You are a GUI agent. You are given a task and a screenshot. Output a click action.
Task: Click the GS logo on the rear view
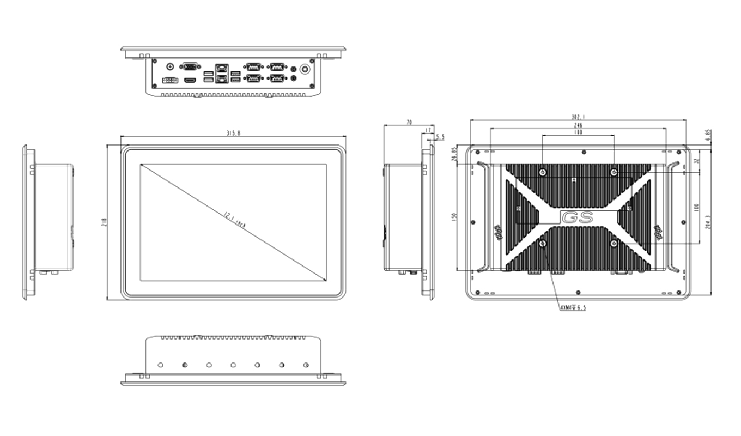point(578,217)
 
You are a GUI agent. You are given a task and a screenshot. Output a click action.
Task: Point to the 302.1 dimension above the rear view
point(578,117)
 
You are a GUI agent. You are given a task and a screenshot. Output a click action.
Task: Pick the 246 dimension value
point(578,125)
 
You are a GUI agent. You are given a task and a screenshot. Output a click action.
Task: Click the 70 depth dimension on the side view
point(409,123)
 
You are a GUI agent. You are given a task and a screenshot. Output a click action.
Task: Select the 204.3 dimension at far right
point(708,222)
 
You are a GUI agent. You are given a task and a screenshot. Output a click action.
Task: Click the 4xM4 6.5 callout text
point(573,308)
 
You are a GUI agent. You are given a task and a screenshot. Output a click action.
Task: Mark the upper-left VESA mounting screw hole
point(543,172)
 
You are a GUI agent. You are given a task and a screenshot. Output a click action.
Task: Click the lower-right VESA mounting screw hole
point(614,244)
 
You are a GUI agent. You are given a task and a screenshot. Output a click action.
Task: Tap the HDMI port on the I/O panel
point(190,81)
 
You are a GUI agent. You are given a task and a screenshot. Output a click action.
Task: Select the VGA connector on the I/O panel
point(190,66)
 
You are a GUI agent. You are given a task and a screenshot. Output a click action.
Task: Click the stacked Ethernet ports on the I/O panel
point(221,74)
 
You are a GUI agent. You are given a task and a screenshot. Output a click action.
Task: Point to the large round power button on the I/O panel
point(305,69)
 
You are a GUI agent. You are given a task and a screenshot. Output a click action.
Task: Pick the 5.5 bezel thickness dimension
point(440,137)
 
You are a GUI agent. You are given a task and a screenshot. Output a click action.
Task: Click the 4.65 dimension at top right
point(708,135)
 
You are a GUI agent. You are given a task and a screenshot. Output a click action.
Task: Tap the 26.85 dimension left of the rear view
point(453,155)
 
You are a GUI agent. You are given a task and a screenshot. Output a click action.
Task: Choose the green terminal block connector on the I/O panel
point(169,81)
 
